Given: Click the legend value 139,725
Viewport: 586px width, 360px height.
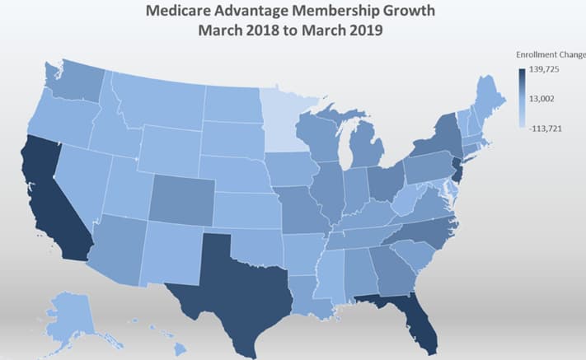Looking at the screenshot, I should [x=545, y=71].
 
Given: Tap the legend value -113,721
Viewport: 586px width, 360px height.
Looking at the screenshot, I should [x=545, y=128].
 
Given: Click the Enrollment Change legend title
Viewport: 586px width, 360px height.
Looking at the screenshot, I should [x=550, y=54].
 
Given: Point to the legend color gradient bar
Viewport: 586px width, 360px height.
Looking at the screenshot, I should [x=522, y=99].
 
